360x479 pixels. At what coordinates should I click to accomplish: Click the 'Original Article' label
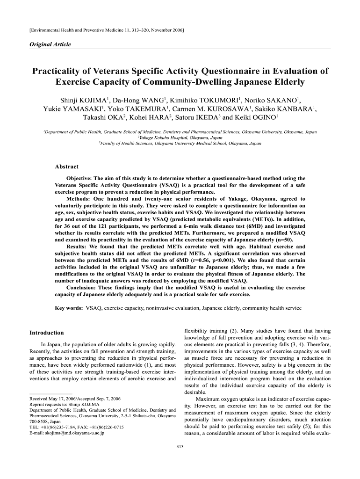(50, 44)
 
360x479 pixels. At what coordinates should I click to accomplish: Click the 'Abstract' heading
(67, 167)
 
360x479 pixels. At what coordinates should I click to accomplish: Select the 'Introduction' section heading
(46, 333)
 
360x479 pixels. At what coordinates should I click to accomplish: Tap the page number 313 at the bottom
(180, 447)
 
